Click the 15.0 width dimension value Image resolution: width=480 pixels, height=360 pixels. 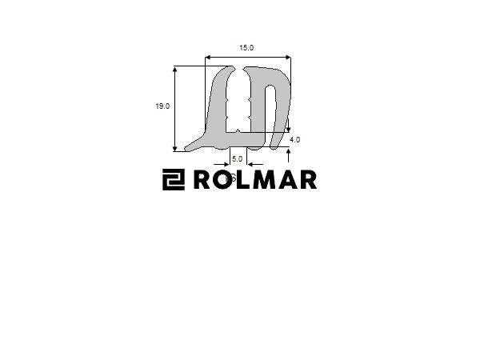pyautogui.click(x=246, y=48)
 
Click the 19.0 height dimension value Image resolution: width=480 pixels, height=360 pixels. pyautogui.click(x=162, y=106)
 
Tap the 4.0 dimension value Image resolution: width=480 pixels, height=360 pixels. pyautogui.click(x=294, y=139)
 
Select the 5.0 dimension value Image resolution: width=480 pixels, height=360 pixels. pyautogui.click(x=238, y=159)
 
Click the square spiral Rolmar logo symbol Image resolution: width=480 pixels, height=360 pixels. pyautogui.click(x=174, y=179)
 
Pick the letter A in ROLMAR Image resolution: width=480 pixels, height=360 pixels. pyautogui.click(x=288, y=180)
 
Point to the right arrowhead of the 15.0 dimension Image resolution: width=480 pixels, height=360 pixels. pyautogui.click(x=288, y=58)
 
